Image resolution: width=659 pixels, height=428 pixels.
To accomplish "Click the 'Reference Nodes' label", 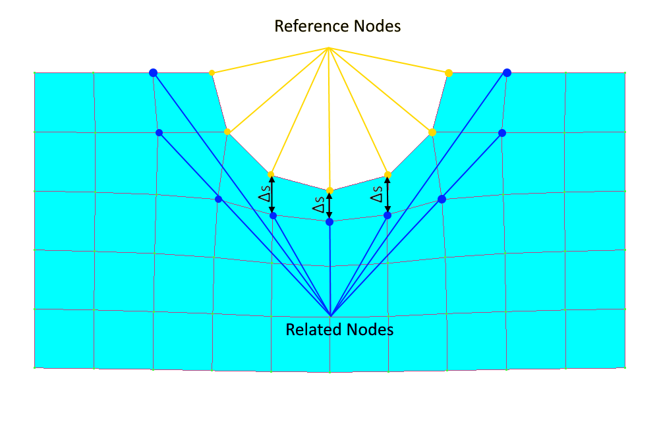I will coord(337,26).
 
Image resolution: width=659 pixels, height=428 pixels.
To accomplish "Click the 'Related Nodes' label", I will coord(339,329).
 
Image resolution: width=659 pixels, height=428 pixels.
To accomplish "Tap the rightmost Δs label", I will coord(376,196).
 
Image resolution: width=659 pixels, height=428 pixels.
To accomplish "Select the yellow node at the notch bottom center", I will coord(329,190).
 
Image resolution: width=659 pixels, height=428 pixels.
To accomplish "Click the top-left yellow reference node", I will coord(212,72).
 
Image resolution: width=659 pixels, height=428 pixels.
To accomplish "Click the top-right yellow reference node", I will coord(449,72).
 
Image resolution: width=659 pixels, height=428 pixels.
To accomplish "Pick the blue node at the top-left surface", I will coord(153,72).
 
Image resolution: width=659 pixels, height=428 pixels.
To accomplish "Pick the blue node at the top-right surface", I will coord(507,72).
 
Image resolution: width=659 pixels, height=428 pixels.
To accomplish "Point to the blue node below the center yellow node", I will coord(329,222).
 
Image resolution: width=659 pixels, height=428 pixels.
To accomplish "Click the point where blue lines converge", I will coord(330,315).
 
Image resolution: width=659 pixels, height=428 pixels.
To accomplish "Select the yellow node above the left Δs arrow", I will coord(271,174).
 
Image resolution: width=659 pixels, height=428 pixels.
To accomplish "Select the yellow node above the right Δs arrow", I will coord(387,174).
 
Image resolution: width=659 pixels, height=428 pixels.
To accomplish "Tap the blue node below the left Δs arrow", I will coord(273,215).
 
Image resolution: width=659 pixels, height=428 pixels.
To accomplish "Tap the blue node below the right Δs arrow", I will coord(387,215).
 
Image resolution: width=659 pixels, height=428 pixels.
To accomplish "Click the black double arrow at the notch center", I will coord(329,206).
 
